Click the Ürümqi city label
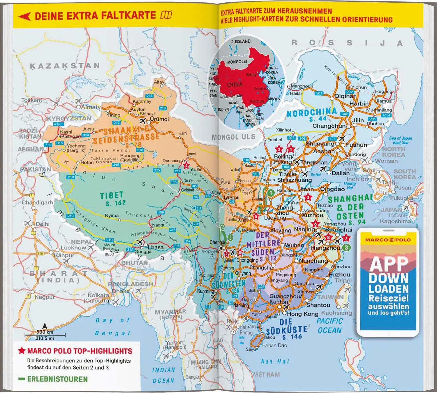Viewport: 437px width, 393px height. pos(159,119)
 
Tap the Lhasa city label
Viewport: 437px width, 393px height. pos(156,247)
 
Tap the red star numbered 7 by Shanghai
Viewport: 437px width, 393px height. pos(346,238)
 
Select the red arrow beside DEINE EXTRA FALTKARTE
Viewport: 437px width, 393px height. pos(24,16)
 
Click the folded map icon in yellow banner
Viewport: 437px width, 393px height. pos(166,15)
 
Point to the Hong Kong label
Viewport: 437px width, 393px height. pos(303,314)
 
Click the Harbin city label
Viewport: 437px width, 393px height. pos(359,103)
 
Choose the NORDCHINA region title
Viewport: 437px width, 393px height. pos(312,112)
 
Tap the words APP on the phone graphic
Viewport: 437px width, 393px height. pos(389,264)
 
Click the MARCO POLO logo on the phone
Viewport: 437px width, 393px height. pos(388,240)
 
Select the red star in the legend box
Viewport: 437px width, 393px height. pos(22,351)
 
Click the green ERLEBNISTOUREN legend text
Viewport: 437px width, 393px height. pos(57,379)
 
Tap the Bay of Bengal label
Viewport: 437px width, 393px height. pos(112,327)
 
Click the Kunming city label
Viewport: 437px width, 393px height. pos(206,291)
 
